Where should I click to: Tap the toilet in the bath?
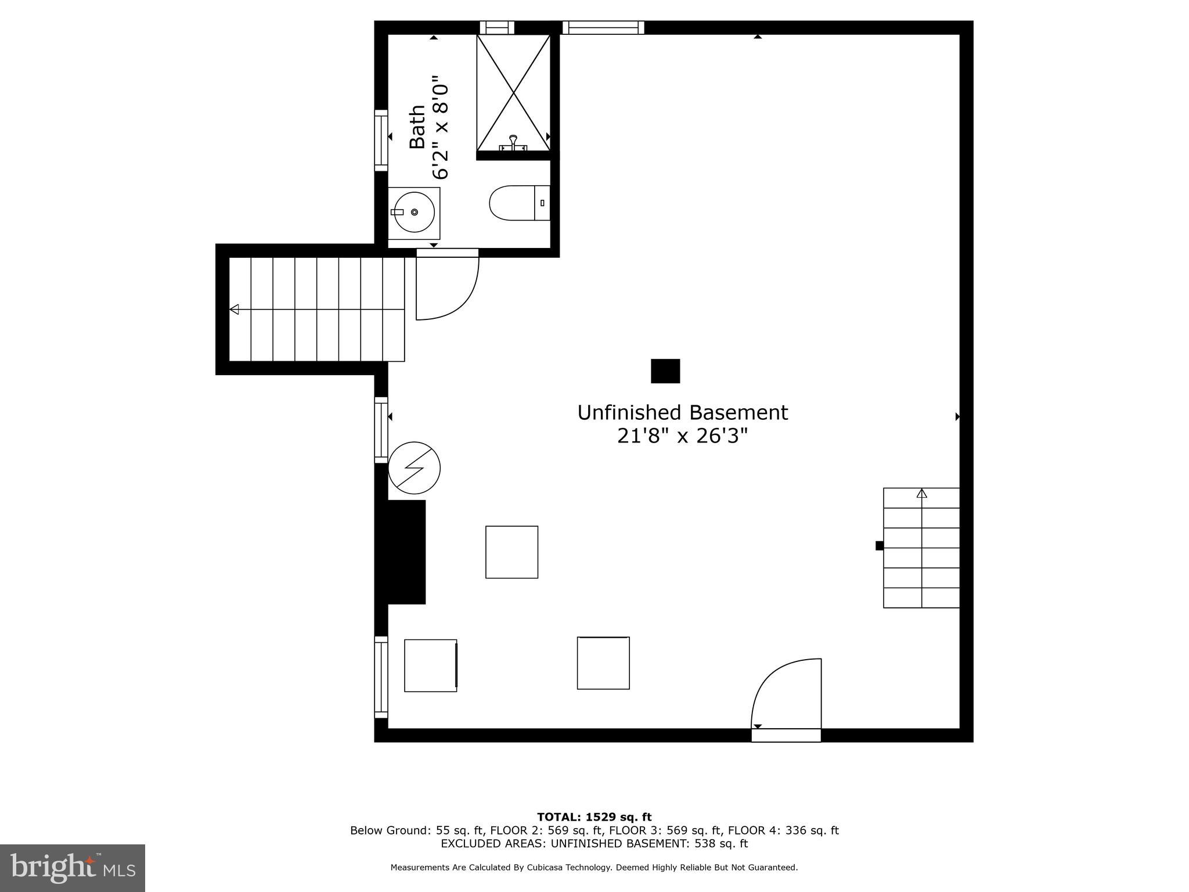click(x=520, y=203)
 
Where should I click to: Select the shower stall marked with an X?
click(x=513, y=93)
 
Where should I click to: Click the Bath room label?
click(x=417, y=127)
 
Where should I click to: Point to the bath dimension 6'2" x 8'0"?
click(x=440, y=127)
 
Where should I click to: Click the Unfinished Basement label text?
click(x=682, y=413)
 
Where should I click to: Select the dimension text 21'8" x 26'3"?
click(x=682, y=436)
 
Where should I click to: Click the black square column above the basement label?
click(x=665, y=371)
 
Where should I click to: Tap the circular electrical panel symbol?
click(x=414, y=468)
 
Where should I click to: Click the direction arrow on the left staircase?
click(x=235, y=310)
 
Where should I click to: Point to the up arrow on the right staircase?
click(x=922, y=494)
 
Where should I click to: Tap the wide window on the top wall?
click(x=603, y=27)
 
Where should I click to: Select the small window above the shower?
click(x=497, y=27)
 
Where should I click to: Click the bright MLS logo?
click(x=73, y=868)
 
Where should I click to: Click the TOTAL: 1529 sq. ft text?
click(x=594, y=818)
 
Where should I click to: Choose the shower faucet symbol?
click(x=513, y=143)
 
